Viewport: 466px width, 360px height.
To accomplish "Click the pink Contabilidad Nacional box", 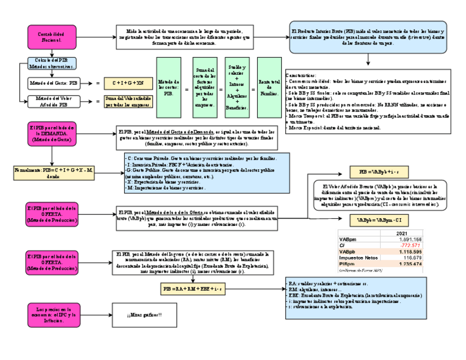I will [x=53, y=37].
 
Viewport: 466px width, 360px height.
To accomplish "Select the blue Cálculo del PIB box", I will [x=52, y=63].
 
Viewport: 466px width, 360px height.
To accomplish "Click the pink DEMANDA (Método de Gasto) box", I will [x=53, y=134].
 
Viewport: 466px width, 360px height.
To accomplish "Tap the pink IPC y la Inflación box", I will [x=53, y=315].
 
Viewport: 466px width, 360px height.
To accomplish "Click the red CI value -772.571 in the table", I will [x=410, y=245].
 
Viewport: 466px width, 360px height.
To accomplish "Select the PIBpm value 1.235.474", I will [x=409, y=264].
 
